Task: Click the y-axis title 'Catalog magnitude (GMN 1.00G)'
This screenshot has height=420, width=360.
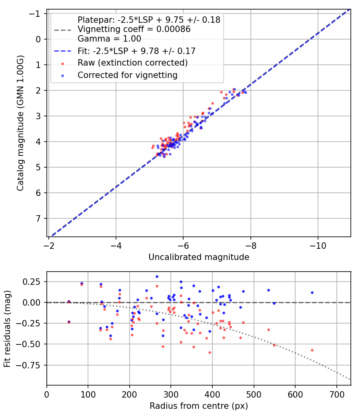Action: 20,123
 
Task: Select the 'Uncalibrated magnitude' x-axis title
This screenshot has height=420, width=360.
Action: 199,257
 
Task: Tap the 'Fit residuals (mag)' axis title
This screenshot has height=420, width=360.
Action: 7,329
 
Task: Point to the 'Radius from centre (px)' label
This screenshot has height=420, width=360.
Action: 199,406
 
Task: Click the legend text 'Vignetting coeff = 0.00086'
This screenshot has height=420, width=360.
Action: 134,29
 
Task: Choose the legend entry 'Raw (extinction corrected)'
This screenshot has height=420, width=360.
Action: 132,63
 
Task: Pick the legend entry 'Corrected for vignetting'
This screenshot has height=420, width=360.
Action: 128,75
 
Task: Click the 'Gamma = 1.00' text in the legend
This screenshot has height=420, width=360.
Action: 109,39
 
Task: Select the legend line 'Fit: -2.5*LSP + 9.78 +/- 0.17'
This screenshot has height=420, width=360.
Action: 137,51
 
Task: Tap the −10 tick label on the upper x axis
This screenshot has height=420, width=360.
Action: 318,246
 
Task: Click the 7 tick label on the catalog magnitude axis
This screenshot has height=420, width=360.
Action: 38,218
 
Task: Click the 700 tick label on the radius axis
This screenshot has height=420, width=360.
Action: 336,394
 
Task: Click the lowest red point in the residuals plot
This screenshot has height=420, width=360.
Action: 210,353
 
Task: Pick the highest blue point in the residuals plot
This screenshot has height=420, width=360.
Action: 157,277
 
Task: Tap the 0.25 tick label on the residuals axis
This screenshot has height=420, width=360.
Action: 32,282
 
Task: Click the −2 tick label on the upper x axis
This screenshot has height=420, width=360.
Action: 48,246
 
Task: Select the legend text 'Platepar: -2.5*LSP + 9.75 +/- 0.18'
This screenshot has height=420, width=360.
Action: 149,20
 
